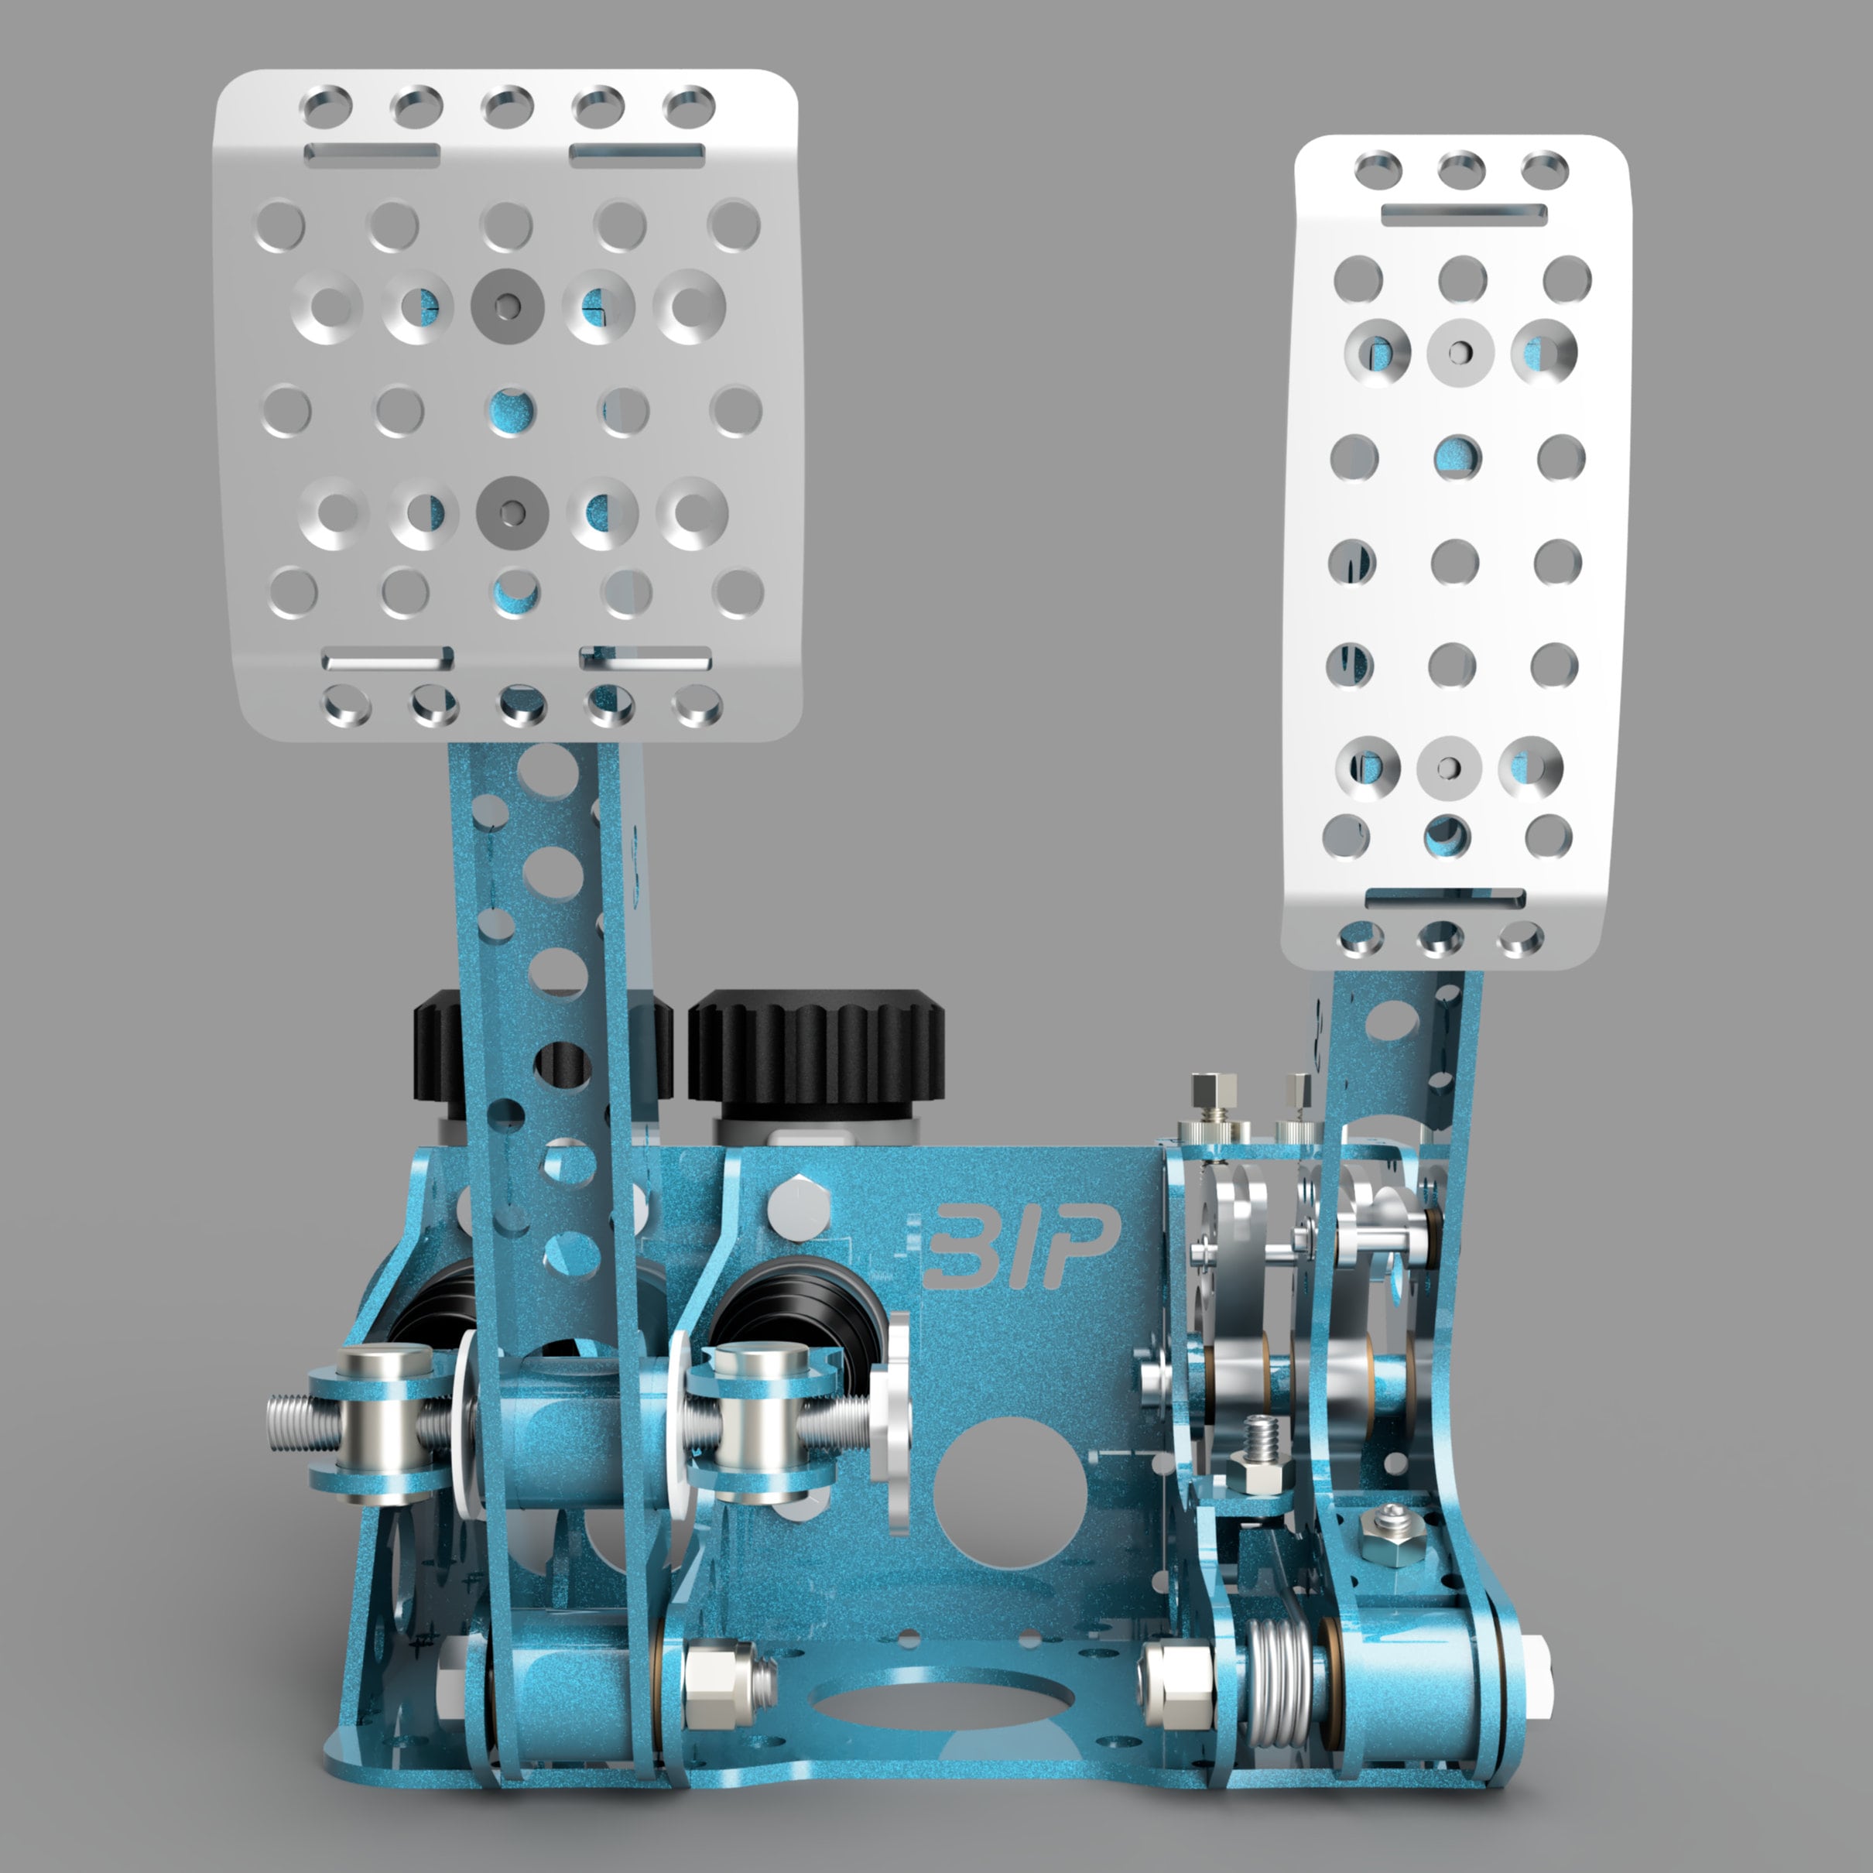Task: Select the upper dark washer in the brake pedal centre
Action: click(x=507, y=306)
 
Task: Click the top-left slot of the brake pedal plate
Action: click(x=372, y=153)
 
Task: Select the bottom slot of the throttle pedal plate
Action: click(x=1444, y=898)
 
